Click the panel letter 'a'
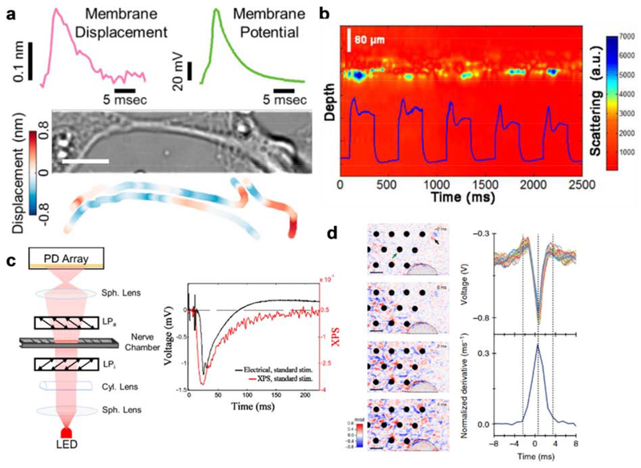10,11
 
